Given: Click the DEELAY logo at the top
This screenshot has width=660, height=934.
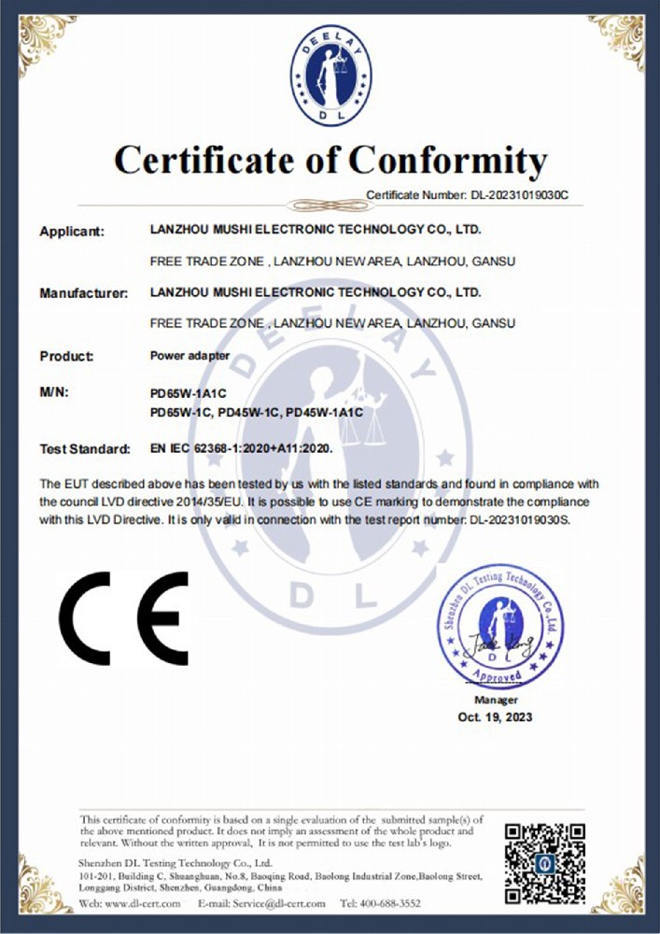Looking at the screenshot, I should click(x=330, y=77).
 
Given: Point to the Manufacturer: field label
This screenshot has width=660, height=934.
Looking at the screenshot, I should click(x=83, y=293).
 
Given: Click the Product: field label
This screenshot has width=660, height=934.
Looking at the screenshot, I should click(x=67, y=356).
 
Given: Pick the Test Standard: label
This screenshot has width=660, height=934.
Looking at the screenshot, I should click(x=84, y=449).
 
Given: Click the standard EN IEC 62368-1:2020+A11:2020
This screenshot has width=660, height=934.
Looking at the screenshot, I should click(x=241, y=448).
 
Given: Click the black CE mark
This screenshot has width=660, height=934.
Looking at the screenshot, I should click(x=124, y=617).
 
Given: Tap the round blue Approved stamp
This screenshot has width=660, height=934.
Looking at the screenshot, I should click(x=500, y=625).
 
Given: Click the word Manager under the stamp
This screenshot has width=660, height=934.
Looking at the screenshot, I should click(x=496, y=700).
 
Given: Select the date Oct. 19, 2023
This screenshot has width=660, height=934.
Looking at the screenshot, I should click(x=495, y=716).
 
